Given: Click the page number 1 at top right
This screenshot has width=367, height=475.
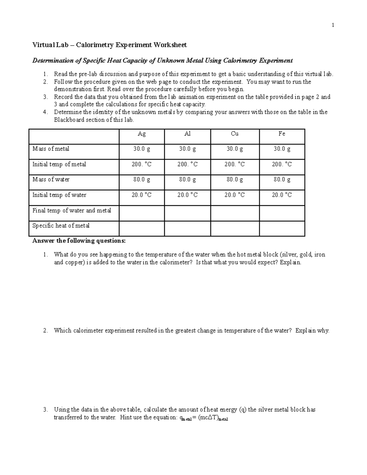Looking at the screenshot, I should click(333, 25).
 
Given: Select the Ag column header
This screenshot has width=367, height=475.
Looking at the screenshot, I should click(142, 134).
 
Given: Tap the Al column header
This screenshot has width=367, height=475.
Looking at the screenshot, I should click(187, 134).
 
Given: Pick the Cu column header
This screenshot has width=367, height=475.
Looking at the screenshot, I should click(235, 134).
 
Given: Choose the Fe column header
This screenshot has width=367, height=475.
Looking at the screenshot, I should click(282, 134).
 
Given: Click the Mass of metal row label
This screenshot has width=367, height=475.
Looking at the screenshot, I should click(51, 149).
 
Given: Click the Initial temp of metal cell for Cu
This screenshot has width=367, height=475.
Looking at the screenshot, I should click(235, 165).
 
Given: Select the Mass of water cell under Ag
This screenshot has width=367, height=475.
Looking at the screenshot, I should click(142, 180).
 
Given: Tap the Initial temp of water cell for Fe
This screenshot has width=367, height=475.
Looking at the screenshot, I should click(282, 195).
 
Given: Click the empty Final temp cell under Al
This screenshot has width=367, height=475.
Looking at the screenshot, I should click(187, 213).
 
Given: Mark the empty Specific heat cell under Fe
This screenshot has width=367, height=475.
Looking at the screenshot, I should click(282, 228).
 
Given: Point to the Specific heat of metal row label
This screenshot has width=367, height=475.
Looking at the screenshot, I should click(61, 226).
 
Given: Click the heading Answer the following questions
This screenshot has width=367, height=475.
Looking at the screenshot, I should click(79, 241).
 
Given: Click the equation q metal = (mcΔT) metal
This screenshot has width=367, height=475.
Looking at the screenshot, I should click(203, 418).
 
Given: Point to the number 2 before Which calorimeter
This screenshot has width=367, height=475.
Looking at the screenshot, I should click(45, 331).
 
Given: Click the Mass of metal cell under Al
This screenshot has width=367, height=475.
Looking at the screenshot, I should click(187, 149).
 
